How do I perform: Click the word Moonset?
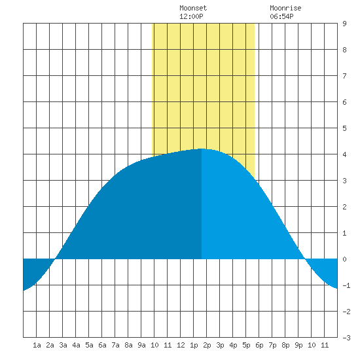pos(193,8)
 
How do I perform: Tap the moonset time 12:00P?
pos(191,16)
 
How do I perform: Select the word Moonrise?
pos(285,8)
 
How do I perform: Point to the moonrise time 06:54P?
pos(281,16)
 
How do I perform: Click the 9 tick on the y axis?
pos(344,24)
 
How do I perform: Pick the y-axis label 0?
pos(344,259)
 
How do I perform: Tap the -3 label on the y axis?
pos(346,338)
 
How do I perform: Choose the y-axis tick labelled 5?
pos(344,128)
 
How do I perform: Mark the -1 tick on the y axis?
pos(346,285)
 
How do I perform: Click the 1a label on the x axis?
pos(37,345)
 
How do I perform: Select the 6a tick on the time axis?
pos(102,345)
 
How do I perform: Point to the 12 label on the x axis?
pos(181,345)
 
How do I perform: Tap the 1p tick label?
pos(194,345)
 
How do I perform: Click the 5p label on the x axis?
pos(246,345)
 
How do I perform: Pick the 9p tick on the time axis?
pos(298,345)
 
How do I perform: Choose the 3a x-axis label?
pos(63,345)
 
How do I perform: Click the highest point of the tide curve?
pos(202,149)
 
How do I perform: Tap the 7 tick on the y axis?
pos(344,76)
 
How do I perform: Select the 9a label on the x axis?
pos(141,345)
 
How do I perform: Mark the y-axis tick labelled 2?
pos(344,207)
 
